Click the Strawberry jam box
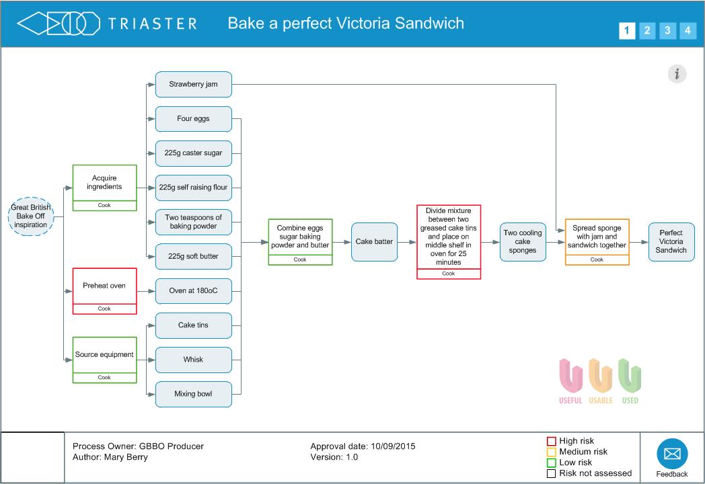point(194,85)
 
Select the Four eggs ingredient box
point(194,119)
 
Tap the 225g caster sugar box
point(194,153)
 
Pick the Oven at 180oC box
point(194,291)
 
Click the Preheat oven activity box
point(104,286)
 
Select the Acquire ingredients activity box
point(104,183)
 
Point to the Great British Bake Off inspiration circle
point(31,216)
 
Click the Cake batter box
point(374,242)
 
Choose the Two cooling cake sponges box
point(523,242)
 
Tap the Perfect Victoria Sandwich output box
point(671,242)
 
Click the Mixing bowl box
point(194,394)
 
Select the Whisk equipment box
point(194,360)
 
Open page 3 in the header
point(667,30)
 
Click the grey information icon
point(677,74)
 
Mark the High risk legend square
point(552,442)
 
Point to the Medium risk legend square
point(552,452)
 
